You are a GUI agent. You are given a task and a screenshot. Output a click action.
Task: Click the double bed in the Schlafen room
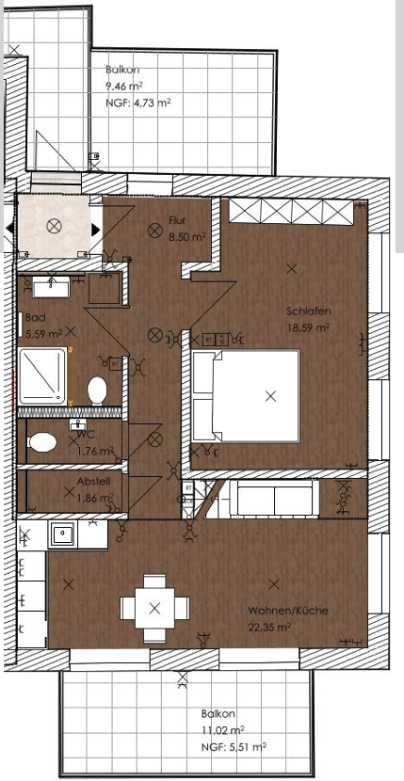[247, 396]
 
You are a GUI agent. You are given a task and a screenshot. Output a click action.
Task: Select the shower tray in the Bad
[43, 375]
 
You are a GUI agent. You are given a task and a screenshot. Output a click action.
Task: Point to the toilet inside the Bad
[97, 388]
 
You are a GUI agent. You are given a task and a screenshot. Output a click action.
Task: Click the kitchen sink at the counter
[64, 534]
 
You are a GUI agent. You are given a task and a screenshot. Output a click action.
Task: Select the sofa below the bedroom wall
[275, 498]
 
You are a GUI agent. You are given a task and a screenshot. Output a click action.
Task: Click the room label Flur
[177, 221]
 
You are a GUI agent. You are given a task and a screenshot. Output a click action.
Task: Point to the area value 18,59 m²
[310, 327]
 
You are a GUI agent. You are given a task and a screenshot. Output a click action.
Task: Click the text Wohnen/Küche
[288, 611]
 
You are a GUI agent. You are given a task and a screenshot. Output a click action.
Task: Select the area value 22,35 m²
[270, 626]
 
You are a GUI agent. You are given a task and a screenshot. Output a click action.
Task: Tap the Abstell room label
[92, 481]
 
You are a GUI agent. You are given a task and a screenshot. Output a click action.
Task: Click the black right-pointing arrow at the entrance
[95, 229]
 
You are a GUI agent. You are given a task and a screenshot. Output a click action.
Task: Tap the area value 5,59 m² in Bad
[42, 332]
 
